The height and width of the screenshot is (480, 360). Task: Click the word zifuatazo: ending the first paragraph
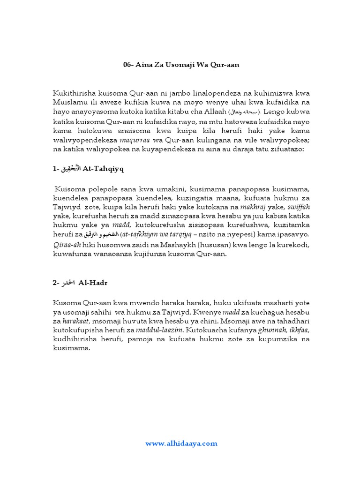(287, 149)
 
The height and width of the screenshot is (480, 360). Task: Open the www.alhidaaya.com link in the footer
(181, 443)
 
